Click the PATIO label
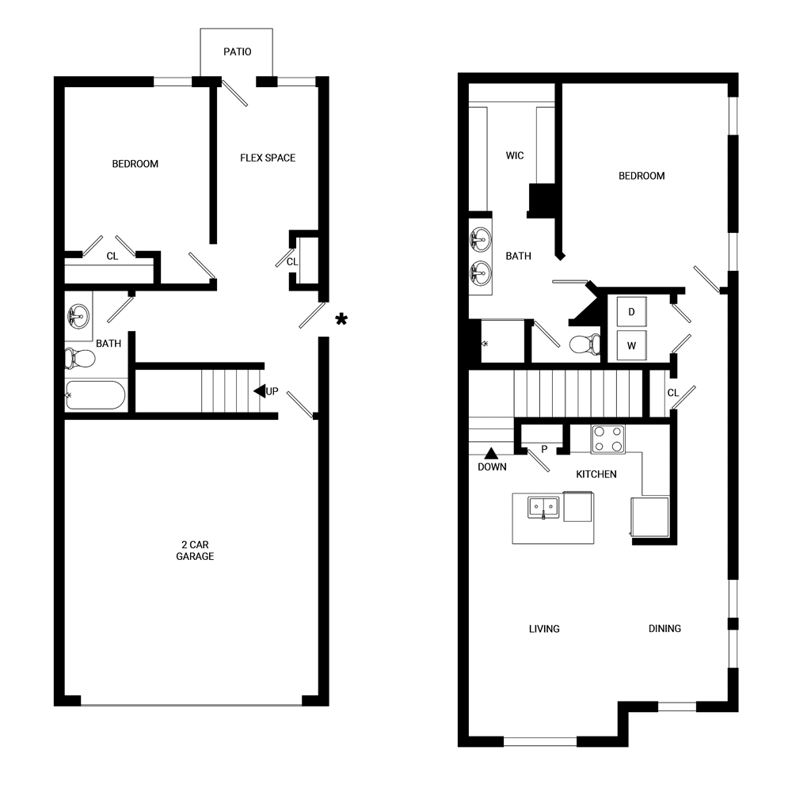coord(237,52)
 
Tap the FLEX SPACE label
coord(268,158)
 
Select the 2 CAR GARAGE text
coord(195,550)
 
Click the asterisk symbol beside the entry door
coord(341,319)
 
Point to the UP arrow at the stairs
coord(259,391)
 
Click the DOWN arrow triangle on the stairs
coord(491,453)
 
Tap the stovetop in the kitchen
coord(608,439)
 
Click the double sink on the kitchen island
coord(543,506)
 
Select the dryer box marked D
coord(631,311)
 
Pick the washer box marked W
coord(631,345)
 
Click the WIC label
coord(515,155)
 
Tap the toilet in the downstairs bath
coord(80,358)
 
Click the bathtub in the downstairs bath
coord(95,395)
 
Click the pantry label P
coord(544,449)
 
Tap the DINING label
coord(664,629)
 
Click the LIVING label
coord(544,629)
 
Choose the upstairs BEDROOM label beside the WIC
coord(642,176)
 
